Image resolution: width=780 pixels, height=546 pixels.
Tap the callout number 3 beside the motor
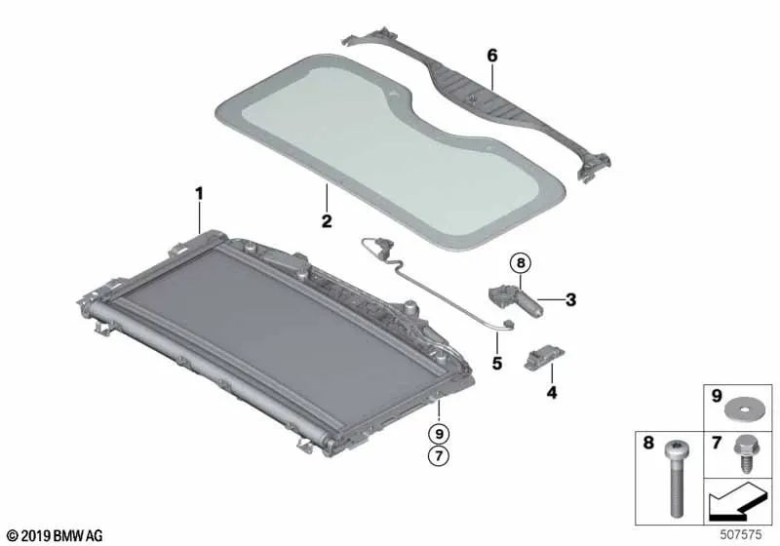[x=572, y=299]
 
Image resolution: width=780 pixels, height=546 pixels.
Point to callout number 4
[x=551, y=394]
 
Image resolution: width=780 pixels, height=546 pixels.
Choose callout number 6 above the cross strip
[x=492, y=57]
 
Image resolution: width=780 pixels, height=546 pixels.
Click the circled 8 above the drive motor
[x=521, y=262]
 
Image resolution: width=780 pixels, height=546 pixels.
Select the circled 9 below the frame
[x=440, y=432]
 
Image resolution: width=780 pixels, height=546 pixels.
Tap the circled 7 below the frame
[x=440, y=456]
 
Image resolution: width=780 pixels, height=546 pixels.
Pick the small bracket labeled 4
[x=542, y=360]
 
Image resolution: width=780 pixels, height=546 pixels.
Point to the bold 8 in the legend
[x=647, y=445]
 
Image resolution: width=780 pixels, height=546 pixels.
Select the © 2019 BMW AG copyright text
[x=47, y=535]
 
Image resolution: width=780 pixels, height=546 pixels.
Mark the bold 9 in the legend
[x=719, y=399]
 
